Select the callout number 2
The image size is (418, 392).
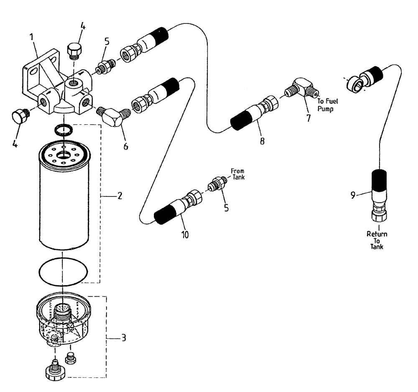tap(120, 196)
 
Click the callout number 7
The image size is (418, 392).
tap(308, 118)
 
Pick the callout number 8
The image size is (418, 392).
tap(262, 141)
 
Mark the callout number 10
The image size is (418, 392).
tap(185, 235)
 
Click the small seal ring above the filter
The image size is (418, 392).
tap(63, 129)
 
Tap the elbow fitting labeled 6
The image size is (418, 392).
tap(114, 116)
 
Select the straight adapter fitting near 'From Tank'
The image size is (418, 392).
tap(217, 184)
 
